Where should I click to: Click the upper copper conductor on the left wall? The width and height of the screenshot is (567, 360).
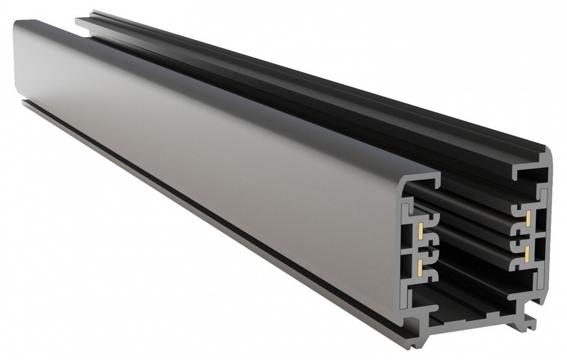click(419, 231)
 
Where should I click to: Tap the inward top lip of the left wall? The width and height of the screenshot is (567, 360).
click(422, 179)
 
